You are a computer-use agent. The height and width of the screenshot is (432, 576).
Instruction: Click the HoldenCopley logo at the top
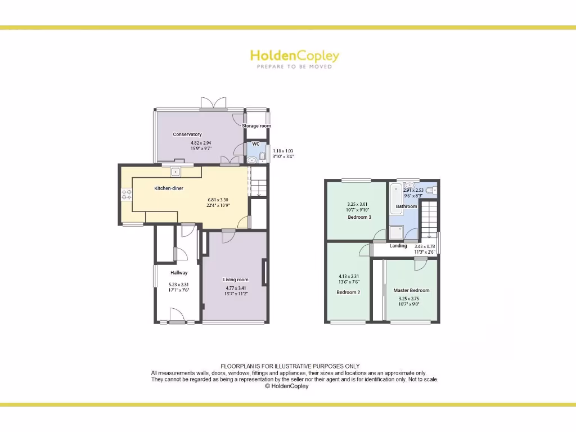(294, 56)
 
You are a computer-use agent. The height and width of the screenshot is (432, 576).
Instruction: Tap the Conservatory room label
(187, 134)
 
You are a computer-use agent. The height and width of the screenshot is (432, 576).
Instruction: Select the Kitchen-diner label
(169, 188)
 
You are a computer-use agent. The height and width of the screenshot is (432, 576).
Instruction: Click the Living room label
(235, 280)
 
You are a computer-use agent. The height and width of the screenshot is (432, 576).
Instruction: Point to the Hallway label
(179, 273)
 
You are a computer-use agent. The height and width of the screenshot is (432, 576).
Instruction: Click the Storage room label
(256, 126)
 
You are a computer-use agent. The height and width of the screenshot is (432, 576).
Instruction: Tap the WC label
(256, 144)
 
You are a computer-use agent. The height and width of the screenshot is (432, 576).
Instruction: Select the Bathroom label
(406, 206)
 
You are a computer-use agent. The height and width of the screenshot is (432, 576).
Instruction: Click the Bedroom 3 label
(359, 217)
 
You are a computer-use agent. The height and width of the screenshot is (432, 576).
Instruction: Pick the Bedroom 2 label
(348, 292)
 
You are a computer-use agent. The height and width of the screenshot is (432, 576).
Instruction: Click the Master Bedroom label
(411, 290)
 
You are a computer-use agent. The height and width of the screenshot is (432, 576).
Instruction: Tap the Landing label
(398, 246)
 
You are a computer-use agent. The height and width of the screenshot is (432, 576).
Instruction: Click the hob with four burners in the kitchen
(127, 195)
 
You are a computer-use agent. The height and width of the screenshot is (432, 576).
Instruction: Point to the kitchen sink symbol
(175, 172)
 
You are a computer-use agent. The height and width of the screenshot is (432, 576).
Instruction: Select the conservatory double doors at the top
(213, 103)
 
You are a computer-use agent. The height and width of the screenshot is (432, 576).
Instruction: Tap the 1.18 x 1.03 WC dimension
(282, 151)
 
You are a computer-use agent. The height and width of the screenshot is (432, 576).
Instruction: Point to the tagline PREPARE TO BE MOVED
(294, 67)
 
